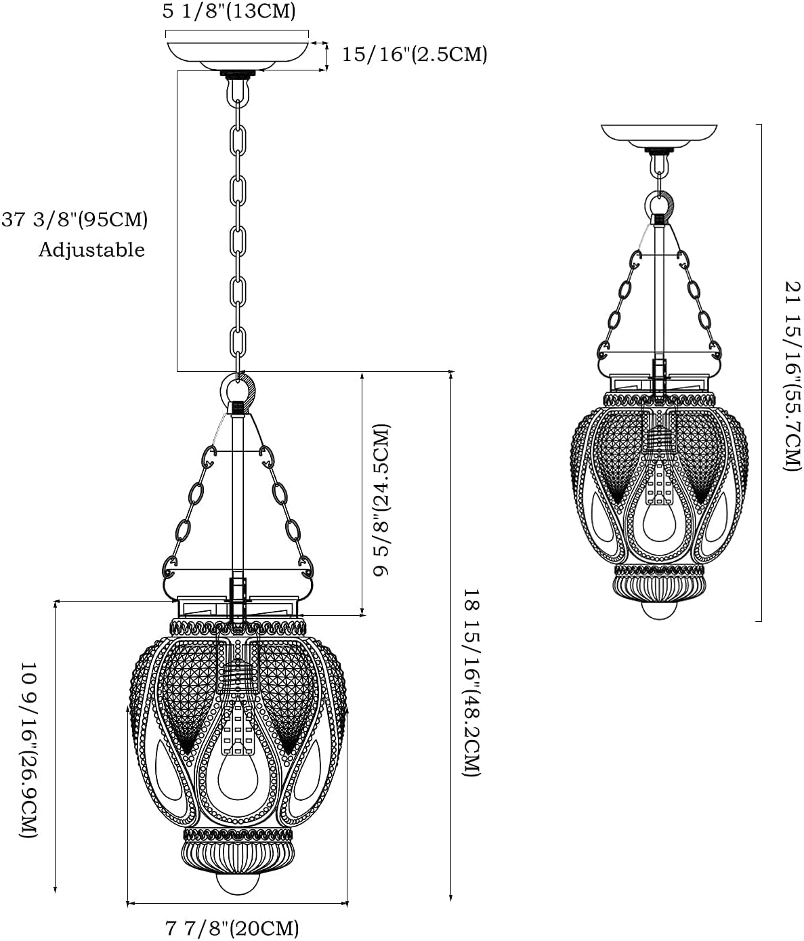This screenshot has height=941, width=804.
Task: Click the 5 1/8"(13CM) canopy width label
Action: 229,12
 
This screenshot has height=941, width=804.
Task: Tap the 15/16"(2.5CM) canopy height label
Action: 415,54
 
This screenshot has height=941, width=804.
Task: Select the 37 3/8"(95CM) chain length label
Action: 75,219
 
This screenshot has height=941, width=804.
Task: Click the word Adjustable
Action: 91,250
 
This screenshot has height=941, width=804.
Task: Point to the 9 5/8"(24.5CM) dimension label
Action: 381,499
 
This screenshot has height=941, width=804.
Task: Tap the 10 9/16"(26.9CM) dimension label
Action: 28,750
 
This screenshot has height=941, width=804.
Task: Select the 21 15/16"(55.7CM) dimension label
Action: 792,375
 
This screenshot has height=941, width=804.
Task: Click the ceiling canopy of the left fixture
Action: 237,56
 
